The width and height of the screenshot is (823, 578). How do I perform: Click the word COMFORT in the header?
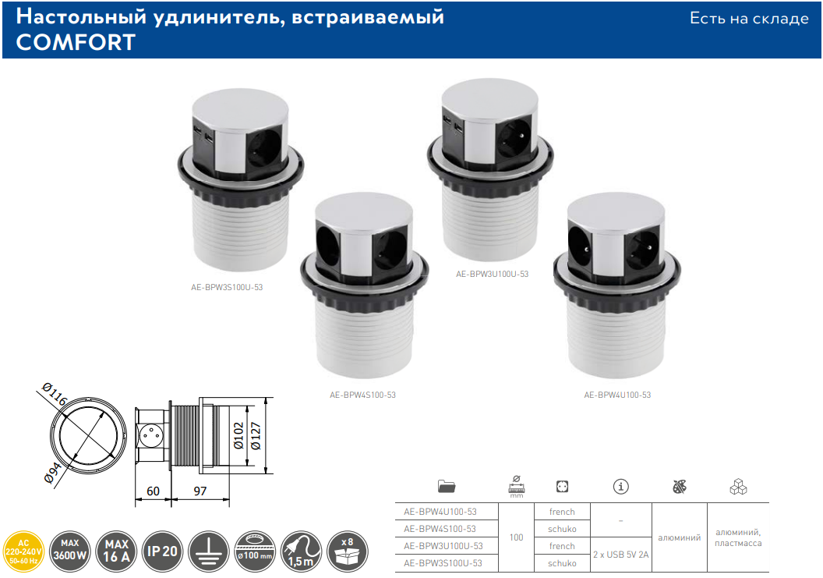[76, 43]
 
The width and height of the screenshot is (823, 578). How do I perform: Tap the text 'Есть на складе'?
[749, 19]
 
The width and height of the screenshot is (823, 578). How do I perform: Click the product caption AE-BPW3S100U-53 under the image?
[227, 287]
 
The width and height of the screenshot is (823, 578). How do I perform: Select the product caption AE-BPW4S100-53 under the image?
[362, 395]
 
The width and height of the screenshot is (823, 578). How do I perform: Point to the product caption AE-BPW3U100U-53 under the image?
[493, 275]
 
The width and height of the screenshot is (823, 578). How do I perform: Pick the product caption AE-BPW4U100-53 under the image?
[617, 395]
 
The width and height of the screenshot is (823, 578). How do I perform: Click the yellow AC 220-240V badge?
[23, 551]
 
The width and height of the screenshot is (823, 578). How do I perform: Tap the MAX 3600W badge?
[70, 551]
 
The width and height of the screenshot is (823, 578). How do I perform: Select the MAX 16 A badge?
[116, 551]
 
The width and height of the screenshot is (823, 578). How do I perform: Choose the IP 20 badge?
[162, 551]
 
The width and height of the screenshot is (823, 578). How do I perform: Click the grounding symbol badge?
[208, 551]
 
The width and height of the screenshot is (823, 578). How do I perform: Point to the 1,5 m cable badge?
[302, 551]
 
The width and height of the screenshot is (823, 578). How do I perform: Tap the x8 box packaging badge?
[348, 551]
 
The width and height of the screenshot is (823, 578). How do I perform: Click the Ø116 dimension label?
[55, 394]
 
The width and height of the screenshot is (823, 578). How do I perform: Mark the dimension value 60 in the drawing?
[153, 491]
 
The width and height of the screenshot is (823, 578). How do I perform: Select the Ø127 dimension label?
[256, 435]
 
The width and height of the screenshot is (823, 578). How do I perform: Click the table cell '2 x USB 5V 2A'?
[621, 555]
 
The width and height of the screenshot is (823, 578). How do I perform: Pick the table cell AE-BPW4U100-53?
[440, 512]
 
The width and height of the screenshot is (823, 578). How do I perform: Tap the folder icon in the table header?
[446, 486]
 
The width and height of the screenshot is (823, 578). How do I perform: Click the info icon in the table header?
[621, 487]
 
